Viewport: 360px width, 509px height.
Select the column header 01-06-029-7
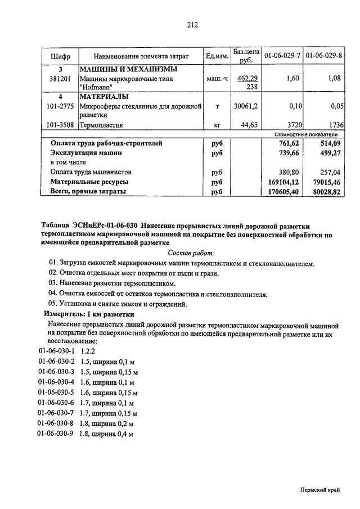[282, 56]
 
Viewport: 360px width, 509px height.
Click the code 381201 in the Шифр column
[60, 79]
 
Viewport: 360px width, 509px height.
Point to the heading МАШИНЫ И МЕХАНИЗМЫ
[129, 69]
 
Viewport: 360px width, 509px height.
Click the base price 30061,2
[246, 106]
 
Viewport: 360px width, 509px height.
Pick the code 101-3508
[60, 125]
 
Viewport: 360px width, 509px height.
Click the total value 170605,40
[282, 192]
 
